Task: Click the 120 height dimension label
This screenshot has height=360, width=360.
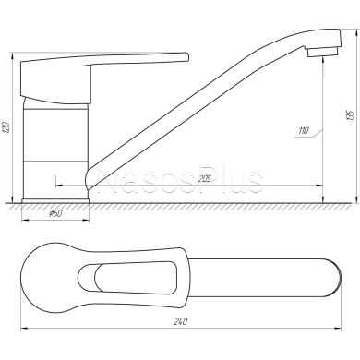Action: pos(6,127)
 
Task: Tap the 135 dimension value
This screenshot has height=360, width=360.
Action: pos(351,114)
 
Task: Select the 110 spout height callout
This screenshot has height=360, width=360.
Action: pos(303,131)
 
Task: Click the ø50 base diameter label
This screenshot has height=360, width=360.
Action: pos(55,213)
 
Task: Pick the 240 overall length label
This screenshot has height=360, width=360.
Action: pos(181,321)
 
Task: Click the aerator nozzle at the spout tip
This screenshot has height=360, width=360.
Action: pos(322,52)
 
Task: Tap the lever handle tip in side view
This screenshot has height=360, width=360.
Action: pos(186,57)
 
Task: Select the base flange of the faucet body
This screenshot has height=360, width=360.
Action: pos(55,200)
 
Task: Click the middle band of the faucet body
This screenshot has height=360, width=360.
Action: pos(55,135)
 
